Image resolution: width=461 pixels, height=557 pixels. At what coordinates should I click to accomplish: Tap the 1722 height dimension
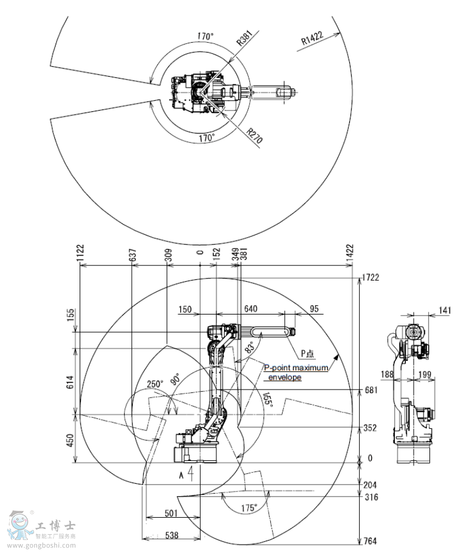click(x=371, y=278)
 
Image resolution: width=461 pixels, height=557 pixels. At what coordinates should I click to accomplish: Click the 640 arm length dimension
click(x=250, y=309)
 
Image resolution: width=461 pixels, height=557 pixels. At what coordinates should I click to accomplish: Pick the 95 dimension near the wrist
click(x=314, y=309)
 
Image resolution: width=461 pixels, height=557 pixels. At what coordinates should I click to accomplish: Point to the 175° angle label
click(x=249, y=508)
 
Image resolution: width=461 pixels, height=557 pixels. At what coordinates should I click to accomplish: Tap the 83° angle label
click(x=249, y=347)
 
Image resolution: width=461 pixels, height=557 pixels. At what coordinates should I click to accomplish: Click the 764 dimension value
click(x=371, y=541)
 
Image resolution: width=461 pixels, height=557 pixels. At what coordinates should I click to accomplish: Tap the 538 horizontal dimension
click(x=171, y=535)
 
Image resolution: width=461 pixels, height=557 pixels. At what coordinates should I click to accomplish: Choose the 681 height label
click(x=370, y=390)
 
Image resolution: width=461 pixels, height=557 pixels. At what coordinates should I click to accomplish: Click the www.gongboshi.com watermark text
click(x=50, y=545)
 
